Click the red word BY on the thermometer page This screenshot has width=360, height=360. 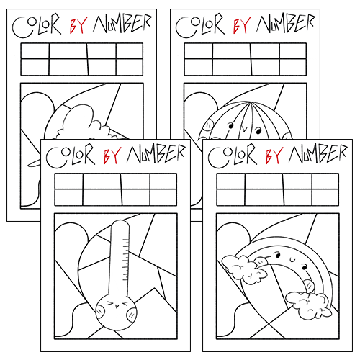(111, 155)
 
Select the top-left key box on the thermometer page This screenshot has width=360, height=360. (68, 181)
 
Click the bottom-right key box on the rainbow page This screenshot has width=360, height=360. (324, 197)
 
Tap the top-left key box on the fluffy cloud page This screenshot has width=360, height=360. (35, 51)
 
